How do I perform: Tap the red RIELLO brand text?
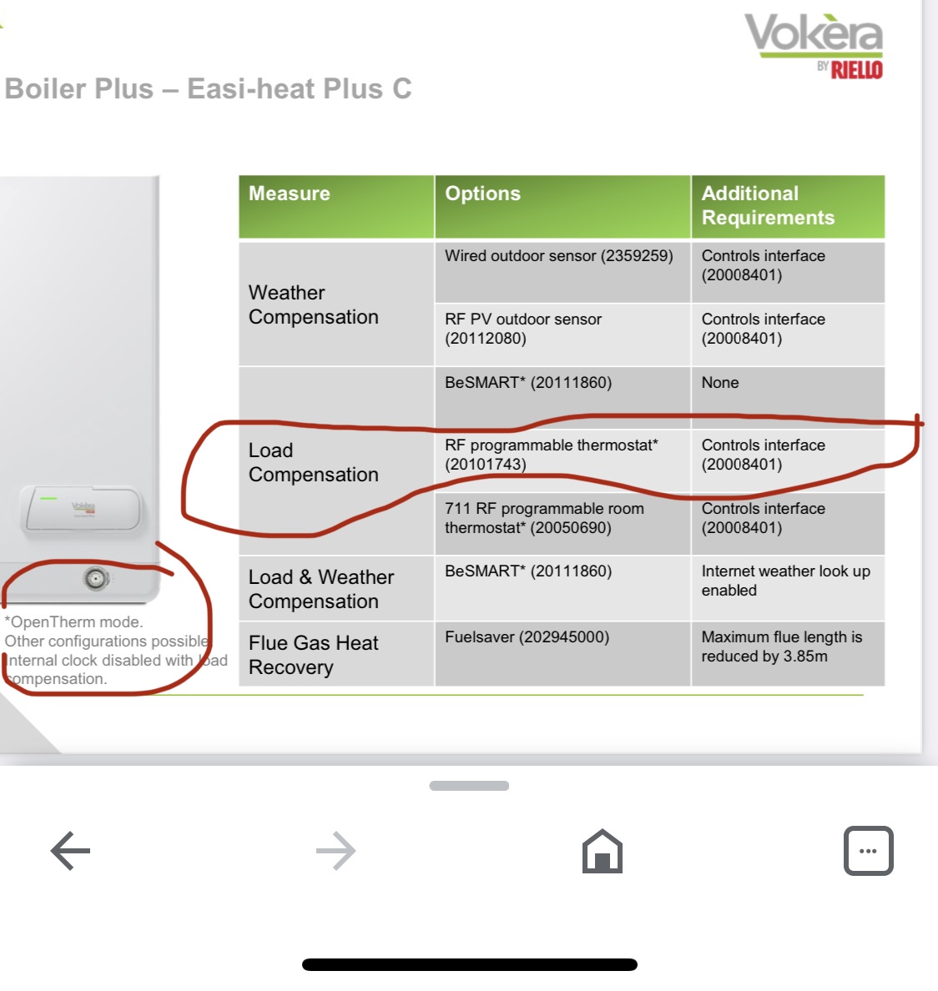(x=856, y=70)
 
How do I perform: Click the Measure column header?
(x=290, y=194)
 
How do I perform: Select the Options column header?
(x=482, y=194)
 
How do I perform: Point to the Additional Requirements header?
(x=768, y=205)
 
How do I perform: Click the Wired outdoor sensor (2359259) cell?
(x=558, y=256)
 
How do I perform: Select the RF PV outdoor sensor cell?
(x=523, y=329)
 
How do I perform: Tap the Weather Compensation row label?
(x=313, y=304)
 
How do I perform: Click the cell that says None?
(x=720, y=383)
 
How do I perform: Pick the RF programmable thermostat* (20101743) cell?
(x=551, y=455)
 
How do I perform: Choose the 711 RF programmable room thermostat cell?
(x=544, y=518)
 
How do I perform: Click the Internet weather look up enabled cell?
(x=785, y=581)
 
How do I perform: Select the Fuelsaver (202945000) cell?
(x=527, y=637)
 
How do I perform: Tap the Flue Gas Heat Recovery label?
(x=313, y=655)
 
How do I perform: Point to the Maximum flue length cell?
(x=781, y=646)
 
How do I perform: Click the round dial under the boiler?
(x=96, y=578)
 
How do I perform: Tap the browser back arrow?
(x=70, y=851)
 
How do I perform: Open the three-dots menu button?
(x=868, y=851)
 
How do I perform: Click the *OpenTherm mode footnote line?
(x=74, y=622)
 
